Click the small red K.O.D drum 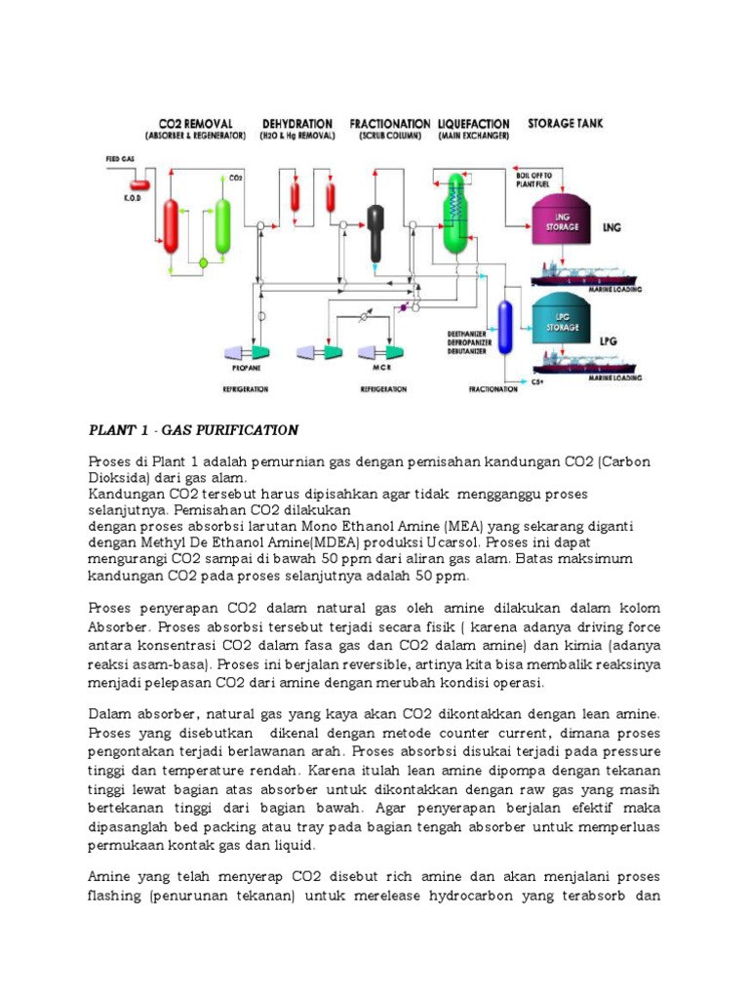(x=138, y=182)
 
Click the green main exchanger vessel (x=453, y=215)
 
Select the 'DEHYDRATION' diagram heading (x=297, y=124)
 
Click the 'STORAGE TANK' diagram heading (x=566, y=124)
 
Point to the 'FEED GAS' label (x=120, y=157)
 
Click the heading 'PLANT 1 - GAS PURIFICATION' (x=193, y=430)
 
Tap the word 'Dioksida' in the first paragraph (x=118, y=478)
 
